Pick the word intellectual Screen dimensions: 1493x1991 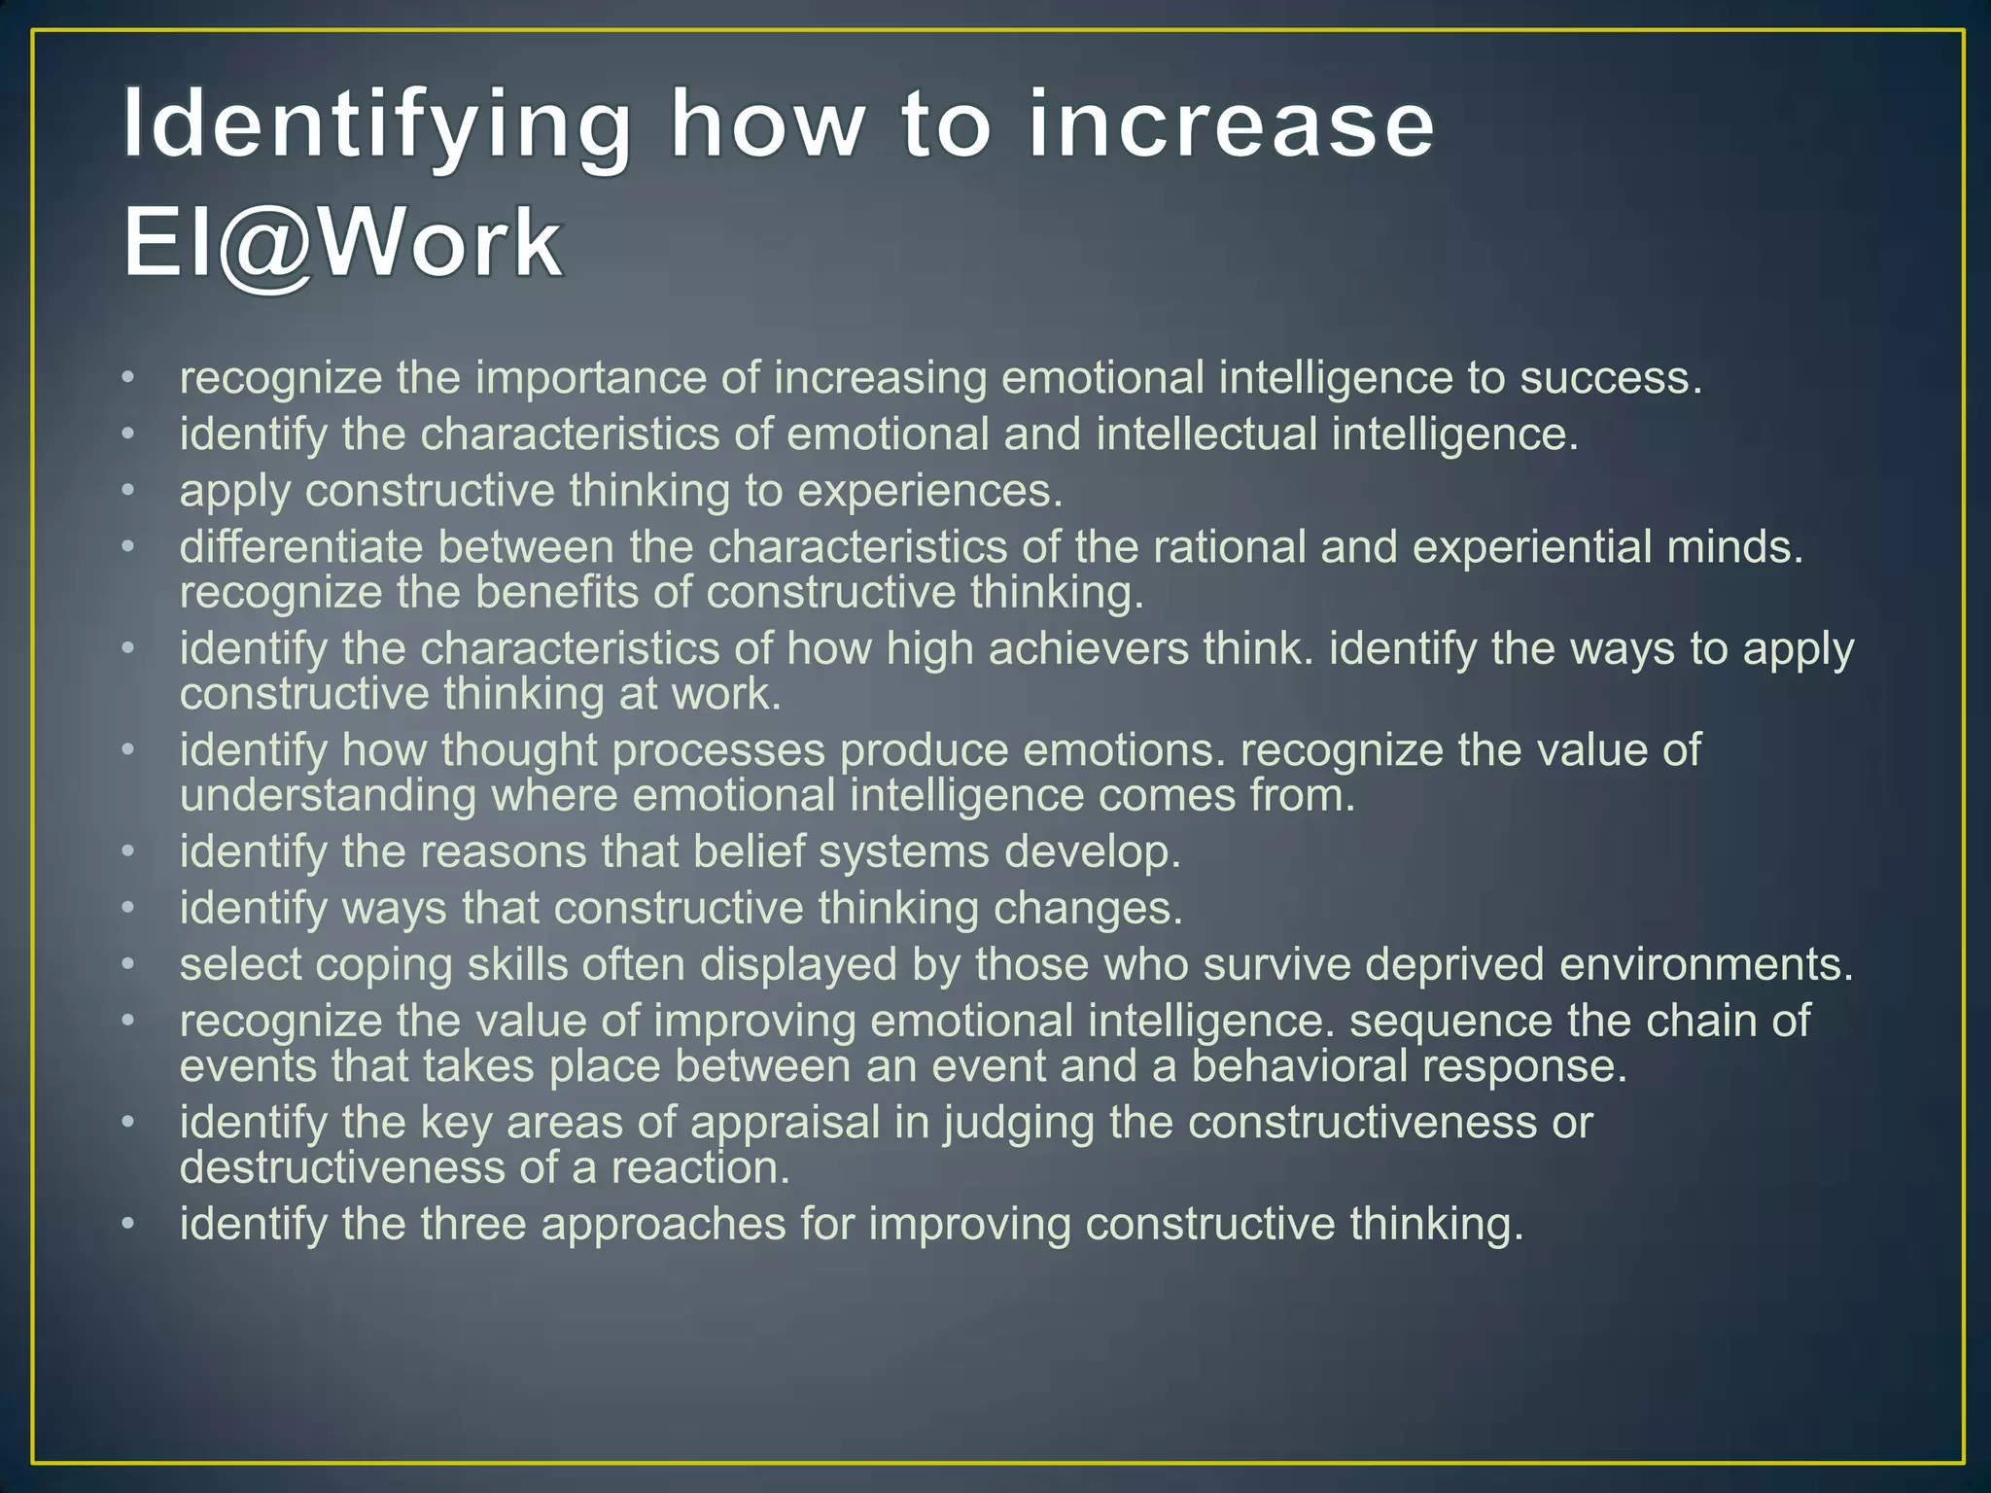[1206, 434]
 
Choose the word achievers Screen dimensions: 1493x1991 [1089, 648]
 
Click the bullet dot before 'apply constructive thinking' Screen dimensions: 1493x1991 [127, 491]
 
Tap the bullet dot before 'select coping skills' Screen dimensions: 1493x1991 [127, 964]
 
